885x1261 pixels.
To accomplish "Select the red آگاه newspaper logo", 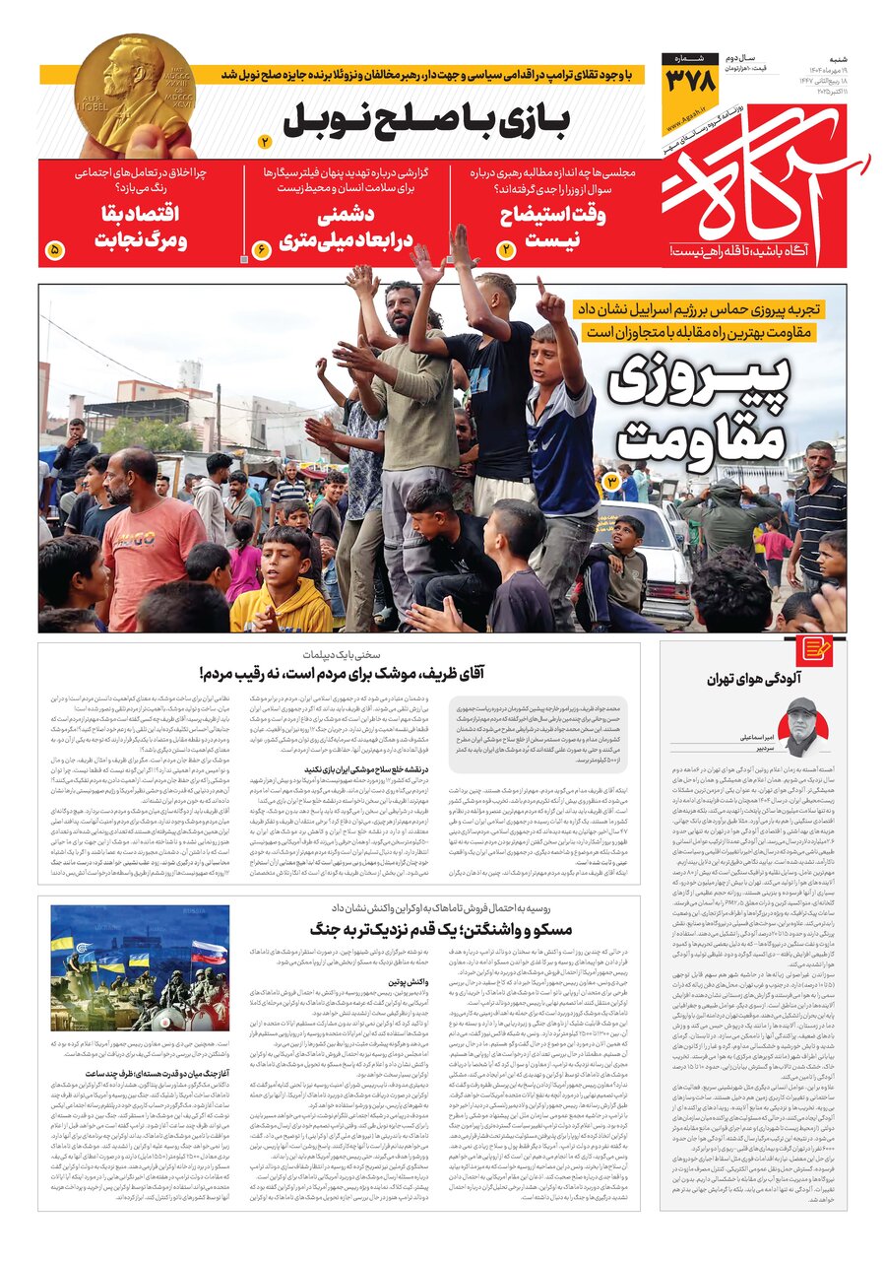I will pos(764,182).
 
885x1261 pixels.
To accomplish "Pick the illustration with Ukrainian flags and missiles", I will pos(140,968).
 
